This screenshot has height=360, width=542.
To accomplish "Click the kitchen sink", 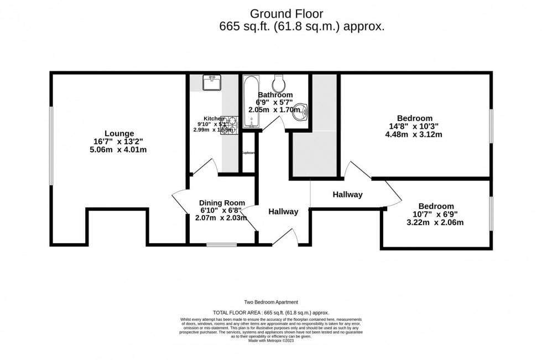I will [212, 83].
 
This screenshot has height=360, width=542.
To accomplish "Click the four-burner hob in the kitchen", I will [228, 126].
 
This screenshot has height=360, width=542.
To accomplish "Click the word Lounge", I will [119, 133].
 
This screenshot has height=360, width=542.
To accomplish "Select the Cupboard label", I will [248, 153].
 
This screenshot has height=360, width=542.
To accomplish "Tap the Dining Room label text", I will [222, 202].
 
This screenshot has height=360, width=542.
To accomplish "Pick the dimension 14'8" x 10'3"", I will [414, 126].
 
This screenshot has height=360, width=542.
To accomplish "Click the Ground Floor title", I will [286, 13].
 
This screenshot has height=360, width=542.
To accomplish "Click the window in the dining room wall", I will [218, 244].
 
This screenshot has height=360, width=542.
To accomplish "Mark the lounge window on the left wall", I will [51, 145].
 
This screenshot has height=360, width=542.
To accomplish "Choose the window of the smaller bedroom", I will [491, 213].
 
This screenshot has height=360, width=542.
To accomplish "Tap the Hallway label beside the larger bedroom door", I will [347, 194].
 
